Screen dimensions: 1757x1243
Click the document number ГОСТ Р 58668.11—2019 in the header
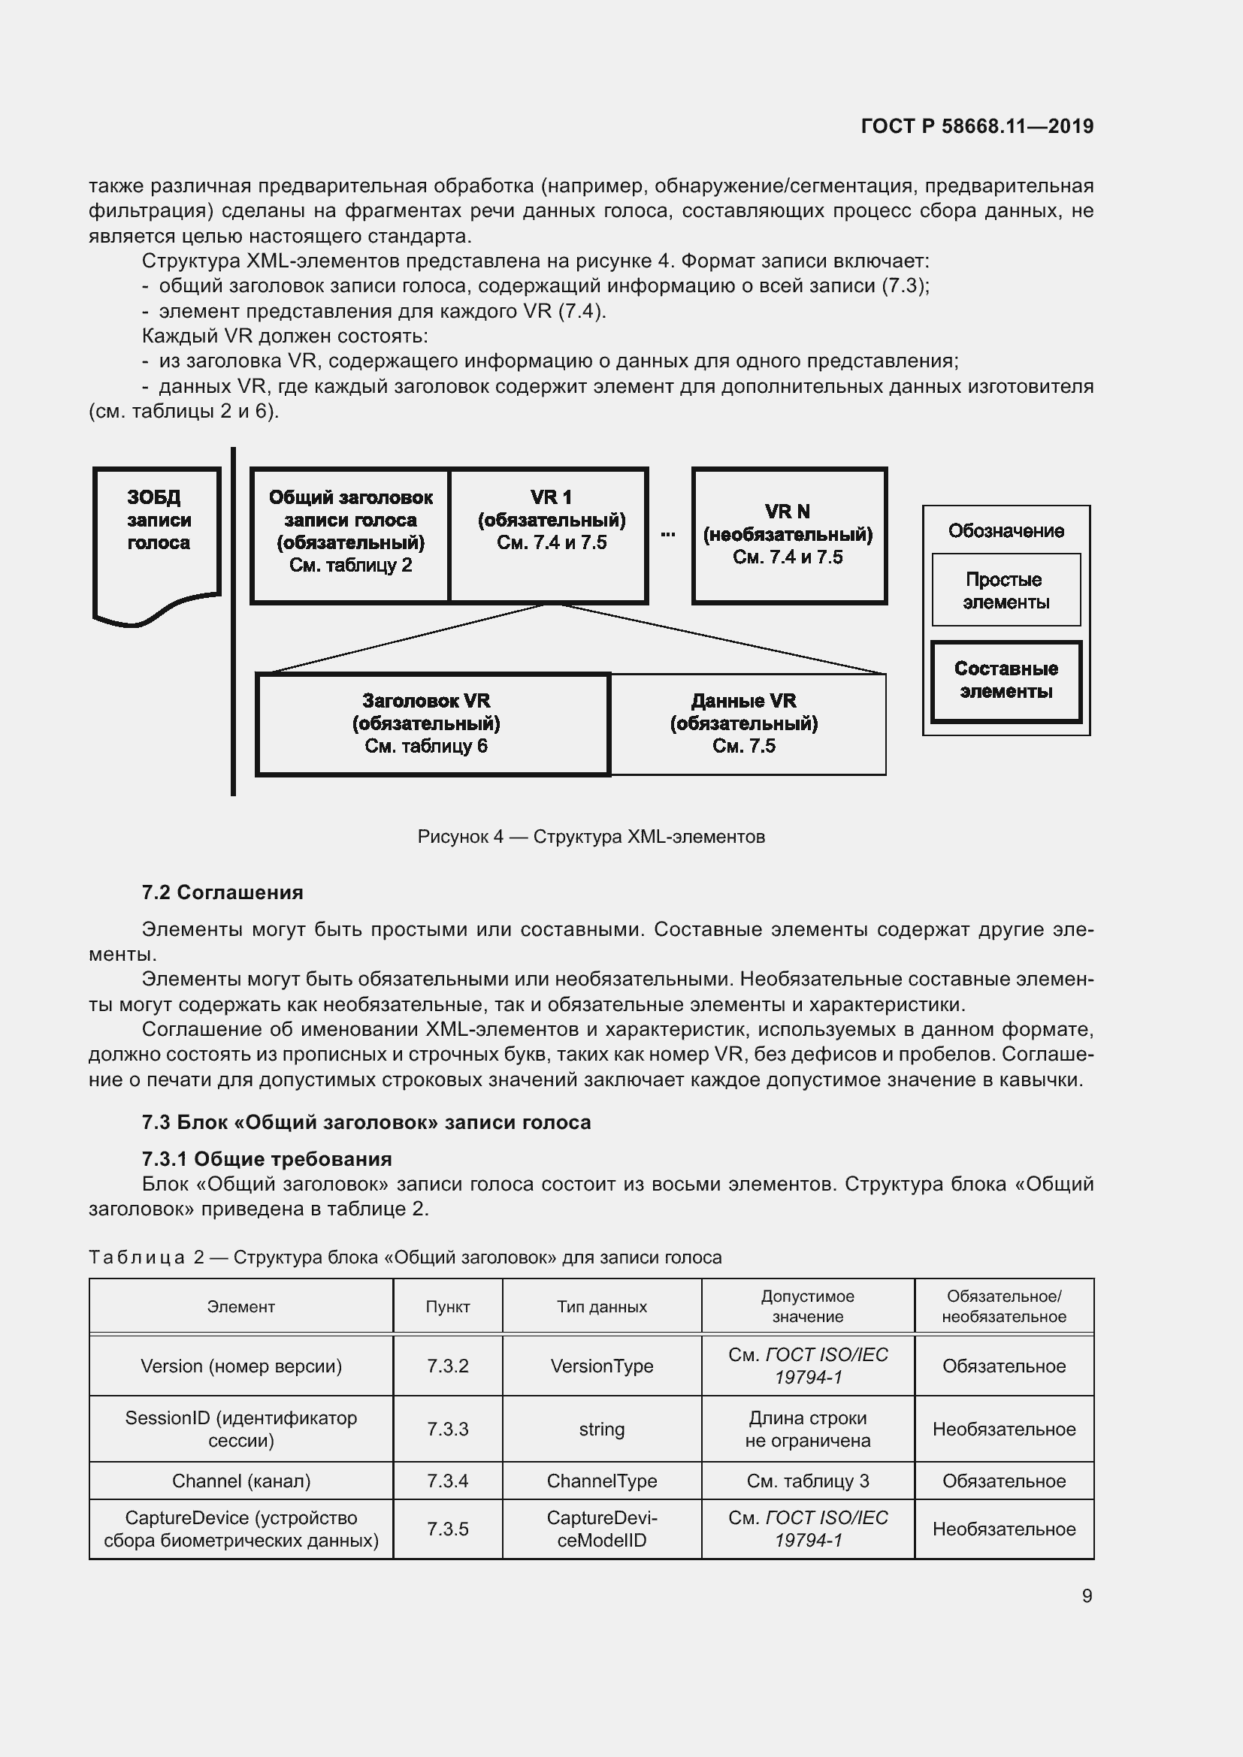[977, 126]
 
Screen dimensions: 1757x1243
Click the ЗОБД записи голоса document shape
[158, 536]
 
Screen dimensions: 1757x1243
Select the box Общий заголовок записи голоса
[350, 535]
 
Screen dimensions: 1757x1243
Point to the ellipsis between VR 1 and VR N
[667, 533]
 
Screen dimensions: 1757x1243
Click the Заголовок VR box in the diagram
[432, 723]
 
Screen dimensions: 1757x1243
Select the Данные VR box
[746, 723]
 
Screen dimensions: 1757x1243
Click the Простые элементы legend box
[1005, 590]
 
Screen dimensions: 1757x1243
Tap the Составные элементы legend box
[1005, 681]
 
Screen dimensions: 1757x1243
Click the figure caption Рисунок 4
[591, 836]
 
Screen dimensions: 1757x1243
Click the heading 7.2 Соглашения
[222, 892]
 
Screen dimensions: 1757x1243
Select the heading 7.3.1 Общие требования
[266, 1158]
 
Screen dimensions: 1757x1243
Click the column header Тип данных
[602, 1306]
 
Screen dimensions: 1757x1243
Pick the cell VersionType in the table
[602, 1366]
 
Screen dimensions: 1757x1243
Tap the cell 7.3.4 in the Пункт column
[448, 1481]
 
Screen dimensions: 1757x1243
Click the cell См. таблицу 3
[807, 1481]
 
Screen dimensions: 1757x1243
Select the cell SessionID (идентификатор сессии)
[241, 1429]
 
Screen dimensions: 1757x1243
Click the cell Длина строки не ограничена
[807, 1429]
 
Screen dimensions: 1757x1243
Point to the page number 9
[1086, 1595]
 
